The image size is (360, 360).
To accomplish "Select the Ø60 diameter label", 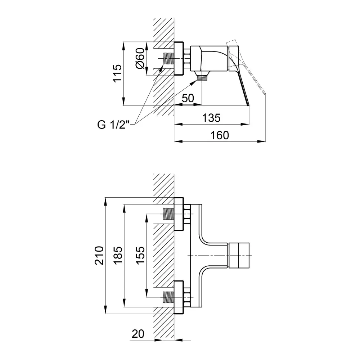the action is (x=140, y=58).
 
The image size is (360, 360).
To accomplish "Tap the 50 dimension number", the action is (x=188, y=98).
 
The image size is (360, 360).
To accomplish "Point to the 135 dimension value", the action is (x=211, y=118).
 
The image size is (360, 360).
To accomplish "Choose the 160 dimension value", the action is (x=220, y=135).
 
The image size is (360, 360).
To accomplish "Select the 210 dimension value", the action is (x=99, y=256).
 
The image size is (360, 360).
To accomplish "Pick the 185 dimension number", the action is (x=118, y=256).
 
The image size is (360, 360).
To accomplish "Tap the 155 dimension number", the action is (x=140, y=256).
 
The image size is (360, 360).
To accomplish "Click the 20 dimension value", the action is (x=138, y=334).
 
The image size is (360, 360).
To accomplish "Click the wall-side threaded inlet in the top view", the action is (x=168, y=58).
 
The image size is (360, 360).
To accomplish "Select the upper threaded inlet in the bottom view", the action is (x=168, y=214).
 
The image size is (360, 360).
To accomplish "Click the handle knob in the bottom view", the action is (x=239, y=255).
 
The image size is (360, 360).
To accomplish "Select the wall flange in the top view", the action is (x=179, y=58).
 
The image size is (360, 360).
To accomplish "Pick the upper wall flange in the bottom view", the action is (x=179, y=214).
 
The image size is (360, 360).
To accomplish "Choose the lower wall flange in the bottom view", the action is (x=179, y=297).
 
